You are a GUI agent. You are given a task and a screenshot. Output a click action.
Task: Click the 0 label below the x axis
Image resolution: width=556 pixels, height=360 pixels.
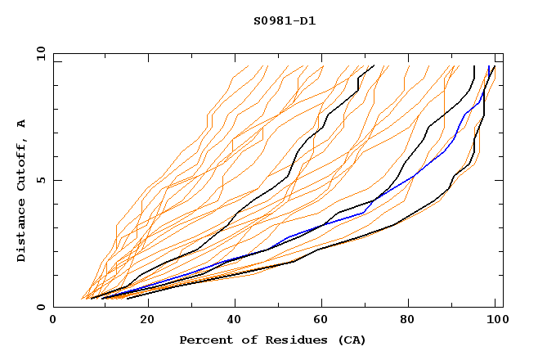point(54,320)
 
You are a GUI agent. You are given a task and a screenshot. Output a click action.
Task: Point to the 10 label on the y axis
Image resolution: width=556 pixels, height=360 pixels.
point(38,53)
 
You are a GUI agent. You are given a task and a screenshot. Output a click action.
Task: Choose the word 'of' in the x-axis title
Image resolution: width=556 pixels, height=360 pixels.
point(246,340)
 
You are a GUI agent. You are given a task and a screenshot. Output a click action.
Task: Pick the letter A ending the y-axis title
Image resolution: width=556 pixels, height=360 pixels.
point(21,123)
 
